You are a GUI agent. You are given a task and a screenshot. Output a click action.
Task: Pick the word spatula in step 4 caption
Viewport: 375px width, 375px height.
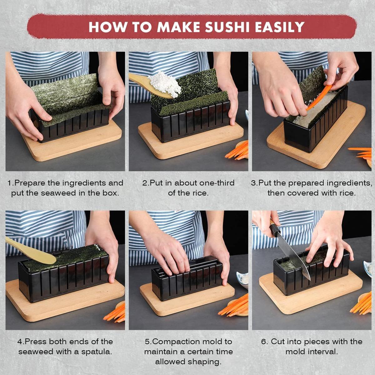coord(97,352)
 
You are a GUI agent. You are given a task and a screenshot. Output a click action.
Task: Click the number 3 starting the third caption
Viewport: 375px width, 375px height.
coord(253,183)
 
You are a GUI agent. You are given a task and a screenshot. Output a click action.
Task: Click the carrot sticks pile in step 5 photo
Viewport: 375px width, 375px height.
coord(234,306)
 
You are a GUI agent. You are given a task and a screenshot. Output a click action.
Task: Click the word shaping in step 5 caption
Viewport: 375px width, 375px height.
coord(205,362)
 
